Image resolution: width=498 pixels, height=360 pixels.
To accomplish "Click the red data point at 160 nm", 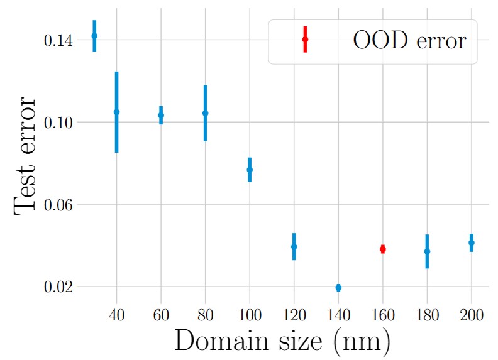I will (382, 249).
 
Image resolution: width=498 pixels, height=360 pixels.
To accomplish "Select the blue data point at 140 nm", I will (338, 288).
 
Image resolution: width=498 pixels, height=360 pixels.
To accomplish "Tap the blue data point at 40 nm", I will (116, 112).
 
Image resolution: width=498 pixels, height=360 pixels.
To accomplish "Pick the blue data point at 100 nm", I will (250, 170).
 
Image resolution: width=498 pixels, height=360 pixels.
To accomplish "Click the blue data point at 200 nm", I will (471, 243).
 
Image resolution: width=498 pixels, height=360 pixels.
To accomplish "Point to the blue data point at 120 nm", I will (294, 246).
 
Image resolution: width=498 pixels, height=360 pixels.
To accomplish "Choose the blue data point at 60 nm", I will (161, 115).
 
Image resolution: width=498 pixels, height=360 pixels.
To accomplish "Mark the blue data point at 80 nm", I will (205, 113).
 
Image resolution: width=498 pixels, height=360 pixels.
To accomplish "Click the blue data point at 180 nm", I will (427, 251).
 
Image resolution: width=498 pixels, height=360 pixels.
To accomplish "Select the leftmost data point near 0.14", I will (94, 36).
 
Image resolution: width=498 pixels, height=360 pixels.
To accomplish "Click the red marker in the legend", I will (305, 40).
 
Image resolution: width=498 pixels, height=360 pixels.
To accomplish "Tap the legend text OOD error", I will (409, 41).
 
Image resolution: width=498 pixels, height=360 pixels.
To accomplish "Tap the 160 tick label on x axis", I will (382, 315).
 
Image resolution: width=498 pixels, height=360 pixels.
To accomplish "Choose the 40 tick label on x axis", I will (116, 315).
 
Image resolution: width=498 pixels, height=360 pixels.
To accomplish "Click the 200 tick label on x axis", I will (471, 315).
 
